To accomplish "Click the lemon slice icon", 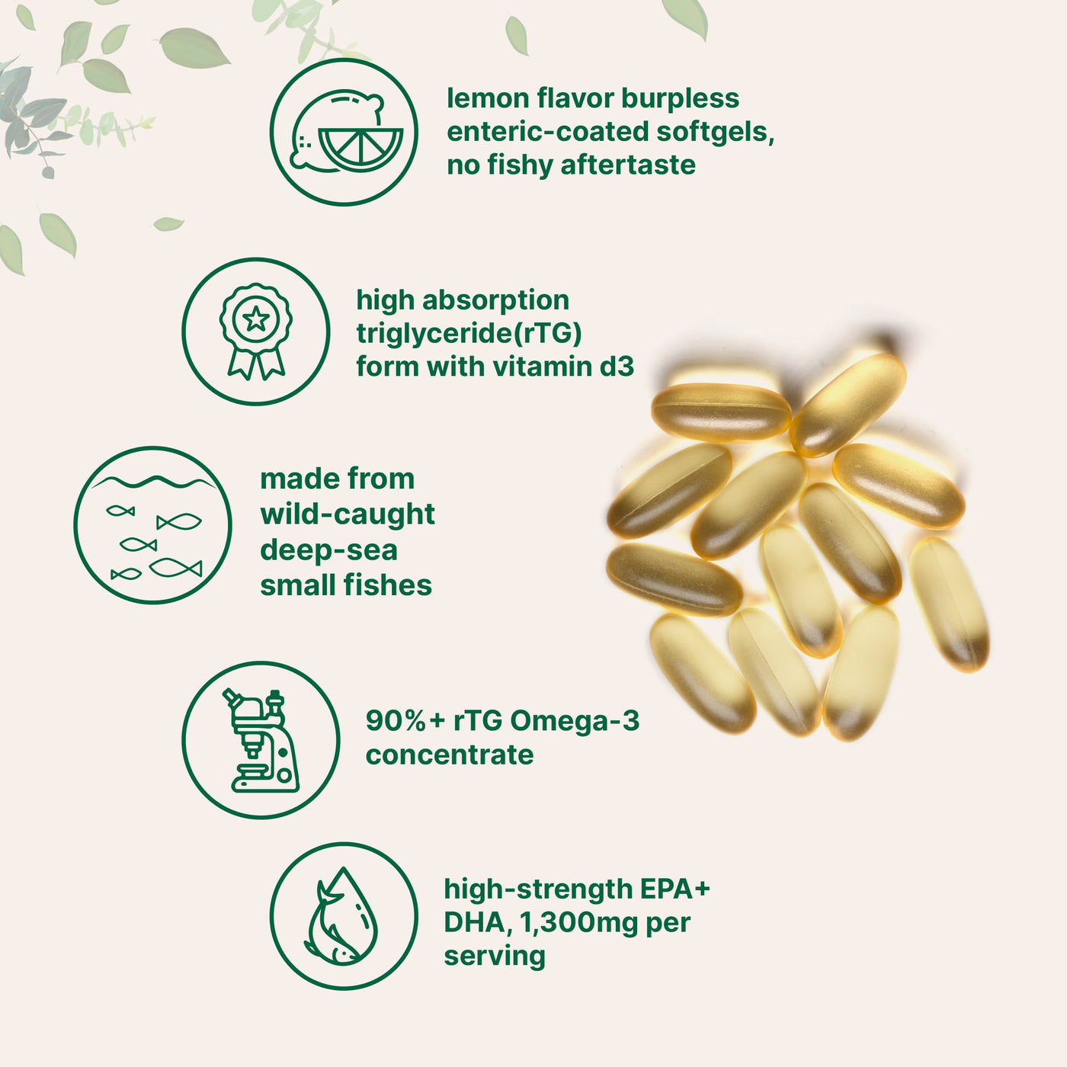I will [344, 132].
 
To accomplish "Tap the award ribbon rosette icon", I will [256, 332].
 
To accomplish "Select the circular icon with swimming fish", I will [153, 525].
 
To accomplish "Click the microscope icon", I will [261, 740].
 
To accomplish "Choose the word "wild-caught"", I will [348, 514].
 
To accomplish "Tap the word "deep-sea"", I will [328, 550].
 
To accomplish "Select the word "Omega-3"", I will [574, 720].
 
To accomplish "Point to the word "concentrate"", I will [450, 755].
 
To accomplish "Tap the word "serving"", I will [495, 956].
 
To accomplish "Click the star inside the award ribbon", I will [256, 318].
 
